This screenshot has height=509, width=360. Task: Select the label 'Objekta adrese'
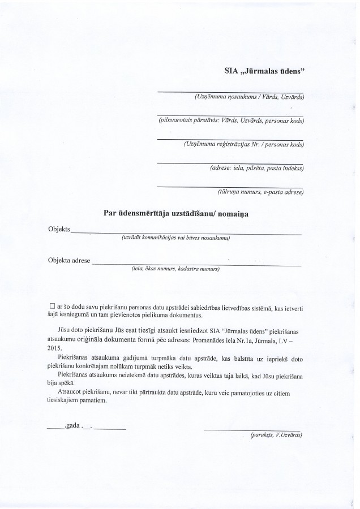pos(70,261)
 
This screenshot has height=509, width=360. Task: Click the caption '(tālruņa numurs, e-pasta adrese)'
pos(260,193)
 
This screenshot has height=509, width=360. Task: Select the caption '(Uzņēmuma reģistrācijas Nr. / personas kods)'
pos(244,144)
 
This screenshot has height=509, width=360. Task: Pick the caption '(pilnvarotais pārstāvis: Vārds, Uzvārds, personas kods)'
pos(232,121)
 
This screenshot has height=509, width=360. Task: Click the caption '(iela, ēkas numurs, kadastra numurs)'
pos(175,269)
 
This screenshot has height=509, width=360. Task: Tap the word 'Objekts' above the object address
pos(59,229)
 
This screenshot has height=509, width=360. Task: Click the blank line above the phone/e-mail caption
pos(229,187)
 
